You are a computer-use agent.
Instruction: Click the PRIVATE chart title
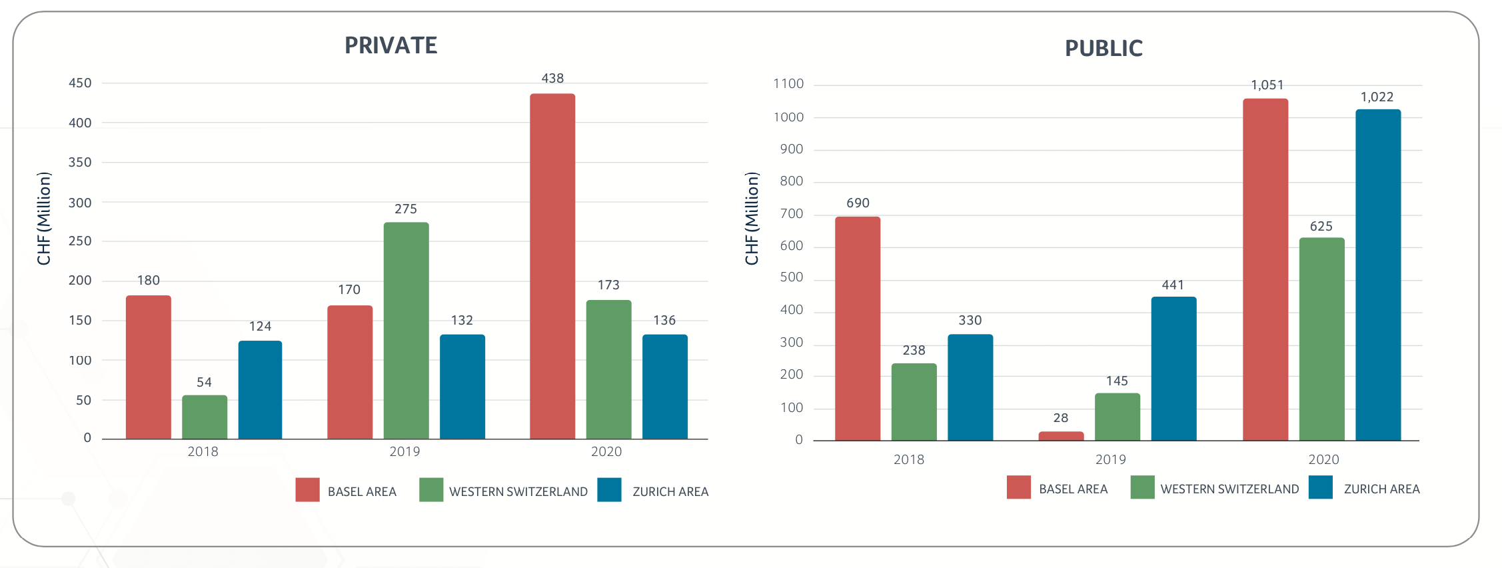[390, 45]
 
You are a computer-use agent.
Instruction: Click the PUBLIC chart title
[1104, 48]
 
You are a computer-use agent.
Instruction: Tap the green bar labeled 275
[406, 330]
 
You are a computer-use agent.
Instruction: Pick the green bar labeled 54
[205, 417]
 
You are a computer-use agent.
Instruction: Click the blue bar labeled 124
[260, 389]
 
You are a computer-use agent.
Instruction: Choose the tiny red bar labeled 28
[1061, 436]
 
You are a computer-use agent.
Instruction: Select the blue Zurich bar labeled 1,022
[1378, 275]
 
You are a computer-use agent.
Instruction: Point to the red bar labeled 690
[858, 328]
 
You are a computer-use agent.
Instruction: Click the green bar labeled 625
[1321, 339]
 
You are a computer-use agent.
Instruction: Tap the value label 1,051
[1267, 85]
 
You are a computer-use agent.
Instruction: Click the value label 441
[1173, 285]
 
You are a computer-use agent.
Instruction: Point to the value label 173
[608, 285]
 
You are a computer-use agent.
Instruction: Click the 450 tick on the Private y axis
[80, 83]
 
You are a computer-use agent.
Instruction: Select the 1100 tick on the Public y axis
[788, 84]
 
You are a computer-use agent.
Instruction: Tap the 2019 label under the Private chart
[404, 451]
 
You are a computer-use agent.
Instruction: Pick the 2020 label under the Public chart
[1323, 459]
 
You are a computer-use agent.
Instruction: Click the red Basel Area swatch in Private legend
[307, 490]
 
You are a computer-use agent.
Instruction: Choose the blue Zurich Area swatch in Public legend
[1320, 487]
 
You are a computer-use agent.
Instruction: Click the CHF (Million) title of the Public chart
[752, 219]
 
